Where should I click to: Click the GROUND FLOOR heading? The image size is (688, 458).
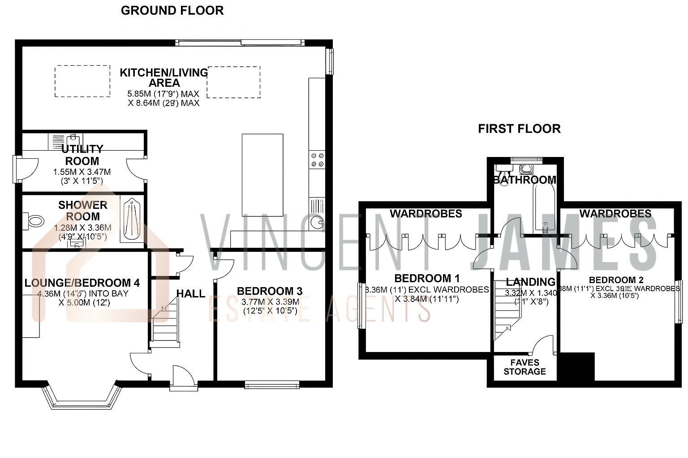pyautogui.click(x=172, y=11)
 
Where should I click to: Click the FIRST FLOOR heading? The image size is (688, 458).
pyautogui.click(x=519, y=129)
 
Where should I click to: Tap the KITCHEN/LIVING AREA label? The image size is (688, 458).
pyautogui.click(x=164, y=77)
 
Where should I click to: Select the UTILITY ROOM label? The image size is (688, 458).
pyautogui.click(x=82, y=155)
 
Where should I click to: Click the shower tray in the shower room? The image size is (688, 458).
pyautogui.click(x=132, y=220)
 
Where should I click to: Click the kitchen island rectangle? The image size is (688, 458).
pyautogui.click(x=262, y=174)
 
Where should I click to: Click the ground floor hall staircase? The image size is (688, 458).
pyautogui.click(x=165, y=322)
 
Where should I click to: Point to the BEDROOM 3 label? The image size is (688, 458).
pyautogui.click(x=270, y=291)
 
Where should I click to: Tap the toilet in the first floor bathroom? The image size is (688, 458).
pyautogui.click(x=526, y=169)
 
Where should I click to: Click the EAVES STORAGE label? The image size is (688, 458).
pyautogui.click(x=525, y=367)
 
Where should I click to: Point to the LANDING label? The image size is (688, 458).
pyautogui.click(x=530, y=282)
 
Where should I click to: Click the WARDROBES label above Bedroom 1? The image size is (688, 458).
pyautogui.click(x=426, y=214)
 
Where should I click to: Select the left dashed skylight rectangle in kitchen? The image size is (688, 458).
pyautogui.click(x=82, y=81)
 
